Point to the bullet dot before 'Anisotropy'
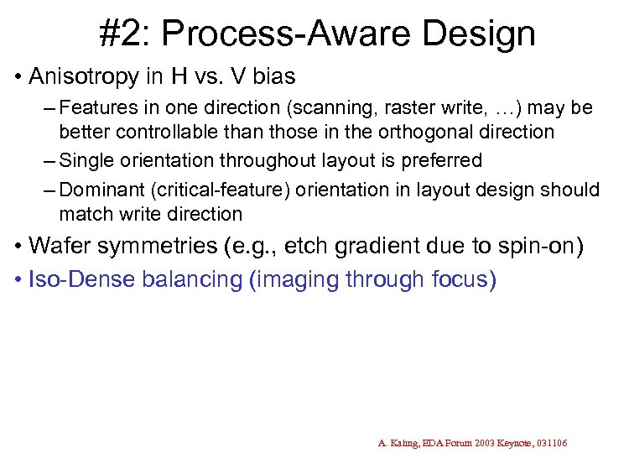coord(18,78)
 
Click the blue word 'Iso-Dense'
coord(70,279)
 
